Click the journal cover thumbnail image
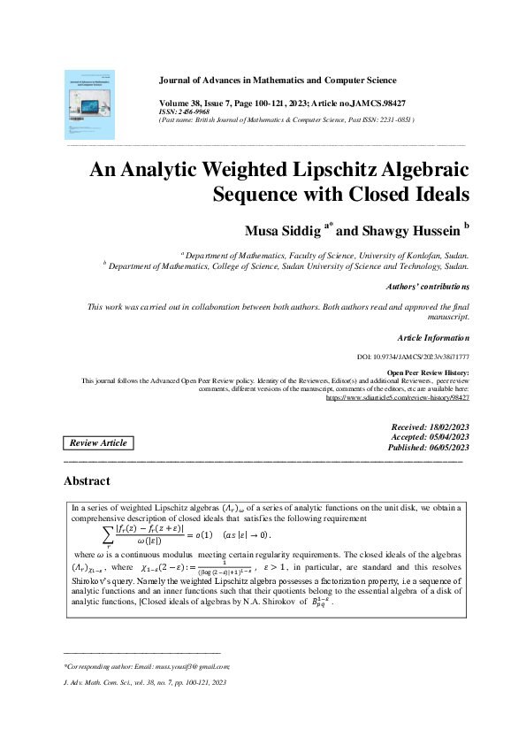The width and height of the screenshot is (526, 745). click(90, 105)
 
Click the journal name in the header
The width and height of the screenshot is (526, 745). click(277, 81)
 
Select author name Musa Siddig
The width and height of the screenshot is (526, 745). click(283, 230)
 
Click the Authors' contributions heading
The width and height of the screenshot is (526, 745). click(428, 287)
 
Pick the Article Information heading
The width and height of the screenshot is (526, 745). click(433, 338)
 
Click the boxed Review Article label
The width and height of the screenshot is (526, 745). click(97, 442)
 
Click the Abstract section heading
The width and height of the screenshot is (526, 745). click(87, 481)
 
